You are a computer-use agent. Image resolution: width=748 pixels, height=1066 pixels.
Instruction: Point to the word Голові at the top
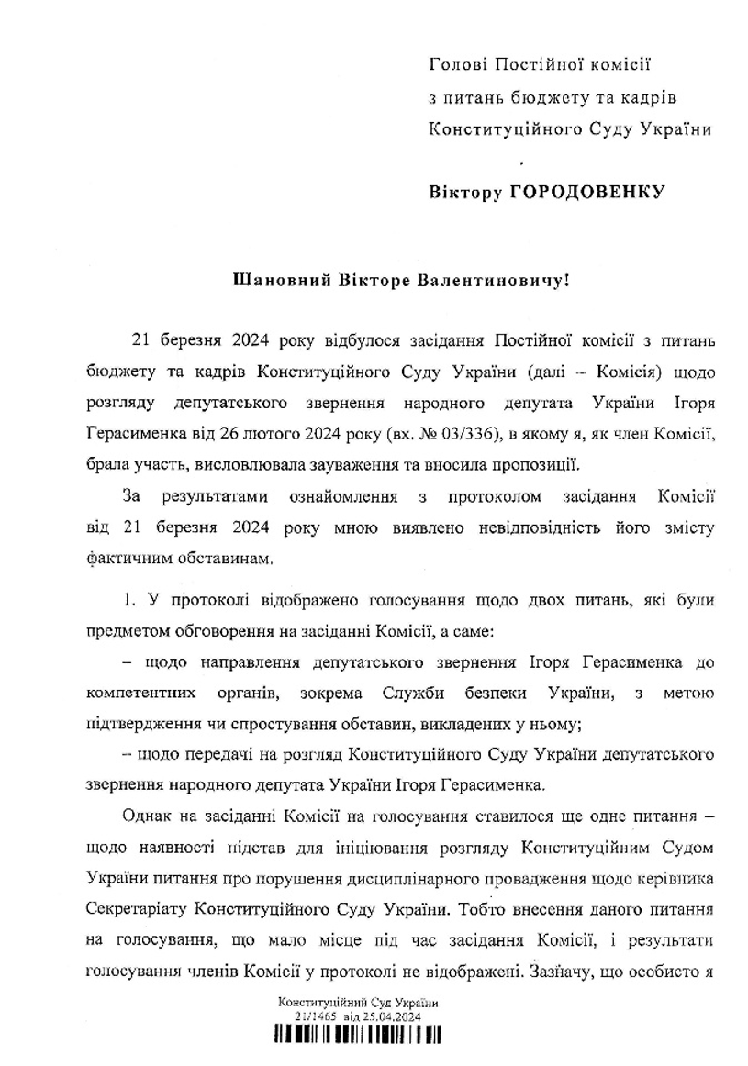coord(457,64)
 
